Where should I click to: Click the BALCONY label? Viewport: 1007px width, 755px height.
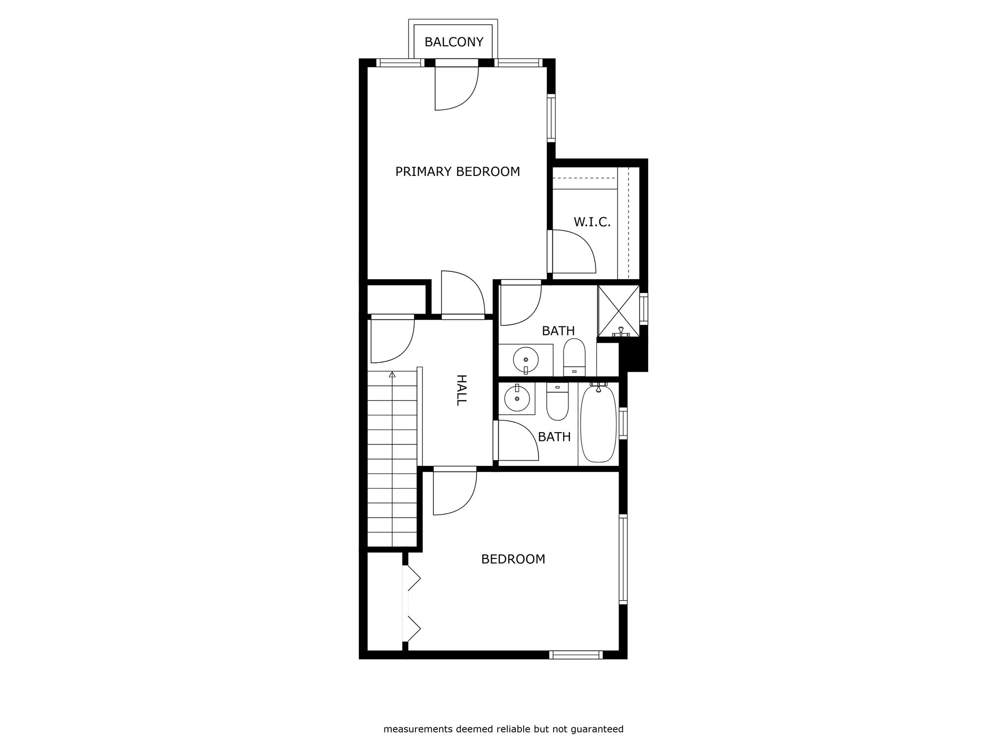454,42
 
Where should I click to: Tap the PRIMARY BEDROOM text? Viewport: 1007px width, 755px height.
458,172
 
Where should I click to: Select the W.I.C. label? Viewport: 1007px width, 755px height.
592,222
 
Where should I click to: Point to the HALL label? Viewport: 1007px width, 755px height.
461,390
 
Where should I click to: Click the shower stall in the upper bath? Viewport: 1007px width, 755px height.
619,311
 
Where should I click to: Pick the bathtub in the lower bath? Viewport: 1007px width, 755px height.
598,424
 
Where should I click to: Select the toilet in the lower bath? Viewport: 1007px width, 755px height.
558,402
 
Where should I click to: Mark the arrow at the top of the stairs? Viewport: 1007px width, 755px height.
392,375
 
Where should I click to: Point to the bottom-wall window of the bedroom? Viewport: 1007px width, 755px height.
576,654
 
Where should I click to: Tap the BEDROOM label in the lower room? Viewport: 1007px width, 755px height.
513,559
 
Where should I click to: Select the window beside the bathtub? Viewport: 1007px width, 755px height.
623,423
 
